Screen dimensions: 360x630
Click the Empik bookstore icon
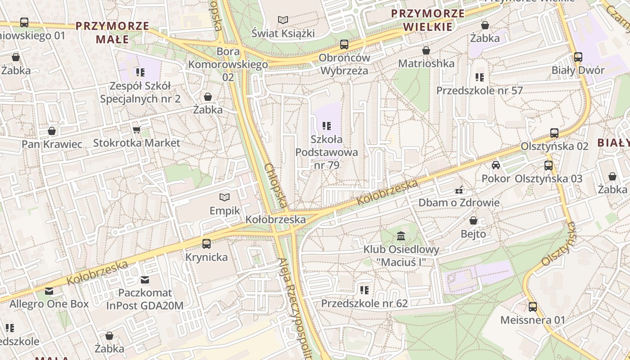coord(224,197)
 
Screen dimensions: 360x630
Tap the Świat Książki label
coord(283,33)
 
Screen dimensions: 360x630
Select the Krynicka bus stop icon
coord(207,244)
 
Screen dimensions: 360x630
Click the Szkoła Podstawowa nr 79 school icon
coord(327,126)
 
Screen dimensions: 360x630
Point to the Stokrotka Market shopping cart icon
coord(136,130)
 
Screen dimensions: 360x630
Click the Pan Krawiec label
coord(52,144)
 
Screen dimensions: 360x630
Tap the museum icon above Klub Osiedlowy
coord(401,236)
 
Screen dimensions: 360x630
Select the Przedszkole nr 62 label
coord(364,303)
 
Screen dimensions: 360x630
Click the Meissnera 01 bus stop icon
coord(533,307)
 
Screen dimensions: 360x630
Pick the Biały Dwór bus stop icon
coord(578,57)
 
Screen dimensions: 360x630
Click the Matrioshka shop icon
coord(426,50)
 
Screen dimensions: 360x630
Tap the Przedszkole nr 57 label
coord(480,90)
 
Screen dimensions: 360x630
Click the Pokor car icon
coord(496,165)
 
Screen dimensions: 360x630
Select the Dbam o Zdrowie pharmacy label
coord(459,202)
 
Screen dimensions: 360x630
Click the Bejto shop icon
coord(473,220)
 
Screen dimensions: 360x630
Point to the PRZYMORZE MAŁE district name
coord(112,32)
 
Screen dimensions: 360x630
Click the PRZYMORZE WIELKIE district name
coord(427,20)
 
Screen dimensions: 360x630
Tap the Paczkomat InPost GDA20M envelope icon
coord(145,280)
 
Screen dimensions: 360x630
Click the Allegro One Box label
coord(49,304)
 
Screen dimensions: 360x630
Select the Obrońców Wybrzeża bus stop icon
coord(344,44)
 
